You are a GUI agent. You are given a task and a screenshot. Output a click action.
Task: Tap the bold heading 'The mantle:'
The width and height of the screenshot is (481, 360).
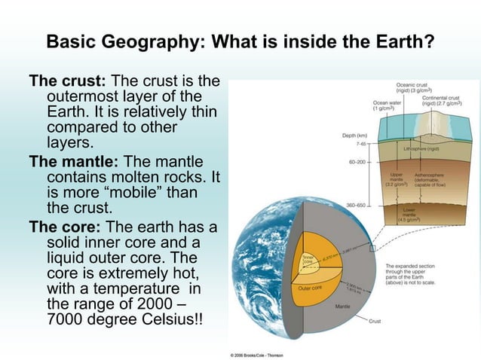74,162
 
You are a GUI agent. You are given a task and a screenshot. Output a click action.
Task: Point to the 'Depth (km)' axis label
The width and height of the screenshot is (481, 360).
354,136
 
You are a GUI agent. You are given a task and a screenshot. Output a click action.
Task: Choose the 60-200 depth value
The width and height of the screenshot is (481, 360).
357,162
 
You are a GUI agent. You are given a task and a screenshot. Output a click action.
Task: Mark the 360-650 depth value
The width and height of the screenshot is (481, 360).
356,205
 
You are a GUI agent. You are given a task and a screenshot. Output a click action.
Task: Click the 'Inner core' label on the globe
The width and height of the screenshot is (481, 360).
308,258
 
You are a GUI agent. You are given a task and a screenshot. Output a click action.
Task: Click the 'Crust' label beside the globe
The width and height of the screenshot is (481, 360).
375,322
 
